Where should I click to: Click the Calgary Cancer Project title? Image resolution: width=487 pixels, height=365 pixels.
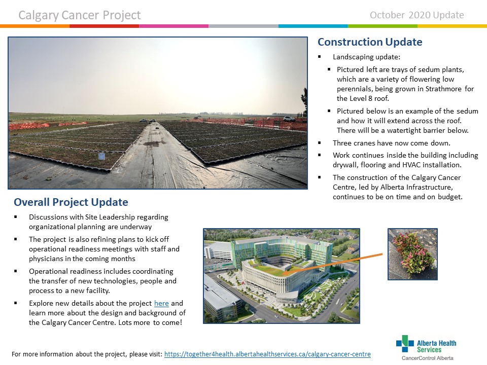point(80,15)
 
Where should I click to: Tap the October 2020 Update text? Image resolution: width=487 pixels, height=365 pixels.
point(416,15)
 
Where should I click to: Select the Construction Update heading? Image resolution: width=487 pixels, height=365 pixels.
point(370,42)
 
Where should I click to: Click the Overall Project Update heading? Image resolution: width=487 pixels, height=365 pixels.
point(71,202)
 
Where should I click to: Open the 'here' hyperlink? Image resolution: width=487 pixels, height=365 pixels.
point(161,303)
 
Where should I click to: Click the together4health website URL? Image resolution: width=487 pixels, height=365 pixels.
point(267,354)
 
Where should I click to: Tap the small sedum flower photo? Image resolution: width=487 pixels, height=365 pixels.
point(412,254)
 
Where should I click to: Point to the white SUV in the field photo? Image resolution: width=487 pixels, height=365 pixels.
point(289,119)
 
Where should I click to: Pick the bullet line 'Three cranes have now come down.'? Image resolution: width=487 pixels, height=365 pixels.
point(391,143)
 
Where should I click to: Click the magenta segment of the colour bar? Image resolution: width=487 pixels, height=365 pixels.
point(174,26)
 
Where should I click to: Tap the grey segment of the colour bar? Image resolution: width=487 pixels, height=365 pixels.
point(243,26)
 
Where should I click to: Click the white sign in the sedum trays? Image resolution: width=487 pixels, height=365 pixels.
point(101,156)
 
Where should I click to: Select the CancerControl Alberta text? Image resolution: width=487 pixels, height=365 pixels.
point(427,358)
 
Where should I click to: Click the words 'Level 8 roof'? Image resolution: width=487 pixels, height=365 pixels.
point(369,98)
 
